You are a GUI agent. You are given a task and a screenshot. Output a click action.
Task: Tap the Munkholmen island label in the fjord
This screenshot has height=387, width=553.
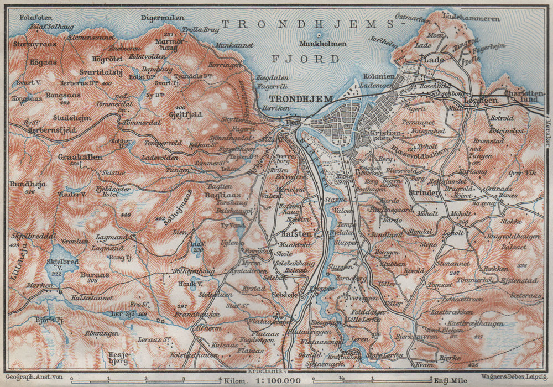(322, 44)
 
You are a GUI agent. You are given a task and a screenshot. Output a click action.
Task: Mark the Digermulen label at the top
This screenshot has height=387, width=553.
(163, 18)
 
